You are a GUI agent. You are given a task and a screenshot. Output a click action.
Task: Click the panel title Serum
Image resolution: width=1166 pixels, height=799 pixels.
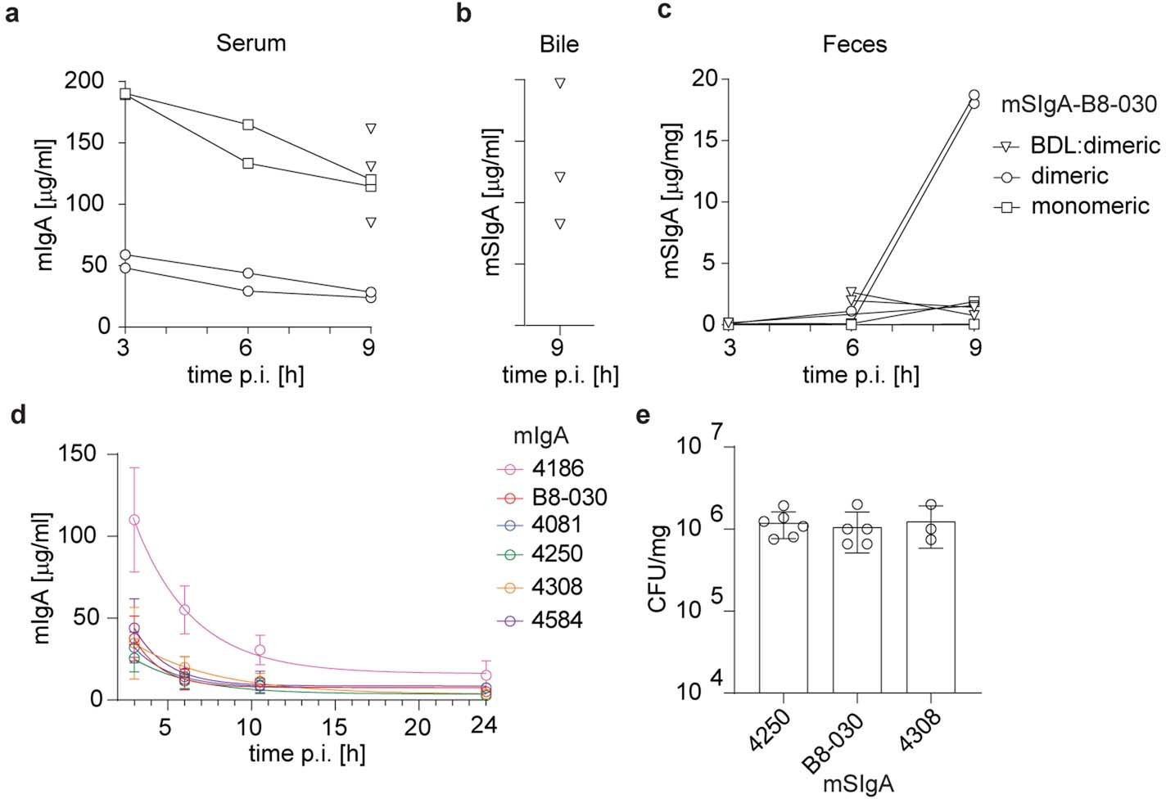pyautogui.click(x=251, y=43)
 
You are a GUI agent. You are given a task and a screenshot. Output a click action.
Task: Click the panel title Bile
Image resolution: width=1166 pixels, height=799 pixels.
pyautogui.click(x=559, y=43)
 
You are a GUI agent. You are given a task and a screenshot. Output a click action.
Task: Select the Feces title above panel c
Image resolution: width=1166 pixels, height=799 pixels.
pyautogui.click(x=854, y=43)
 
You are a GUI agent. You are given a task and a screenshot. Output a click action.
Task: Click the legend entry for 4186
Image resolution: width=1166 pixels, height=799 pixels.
pyautogui.click(x=557, y=468)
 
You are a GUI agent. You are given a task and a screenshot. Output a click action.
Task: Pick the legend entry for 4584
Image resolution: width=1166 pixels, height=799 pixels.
pyautogui.click(x=557, y=620)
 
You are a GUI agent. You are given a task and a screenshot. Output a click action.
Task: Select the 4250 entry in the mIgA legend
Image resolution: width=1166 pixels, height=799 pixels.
pyautogui.click(x=557, y=554)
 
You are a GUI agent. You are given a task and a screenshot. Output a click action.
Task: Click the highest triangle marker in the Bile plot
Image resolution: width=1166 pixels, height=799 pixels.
pyautogui.click(x=560, y=83)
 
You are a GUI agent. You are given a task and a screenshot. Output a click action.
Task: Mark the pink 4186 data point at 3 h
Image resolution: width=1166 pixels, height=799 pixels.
pyautogui.click(x=134, y=520)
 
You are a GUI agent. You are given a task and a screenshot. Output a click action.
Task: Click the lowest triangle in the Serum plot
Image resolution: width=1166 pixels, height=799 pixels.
pyautogui.click(x=371, y=222)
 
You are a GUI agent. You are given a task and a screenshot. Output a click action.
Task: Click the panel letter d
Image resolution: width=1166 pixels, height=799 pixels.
pyautogui.click(x=18, y=415)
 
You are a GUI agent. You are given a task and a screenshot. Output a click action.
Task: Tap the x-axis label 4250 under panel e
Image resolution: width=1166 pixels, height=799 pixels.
pyautogui.click(x=767, y=731)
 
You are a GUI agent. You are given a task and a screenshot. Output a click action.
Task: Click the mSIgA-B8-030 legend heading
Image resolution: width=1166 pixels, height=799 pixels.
pyautogui.click(x=1079, y=105)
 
